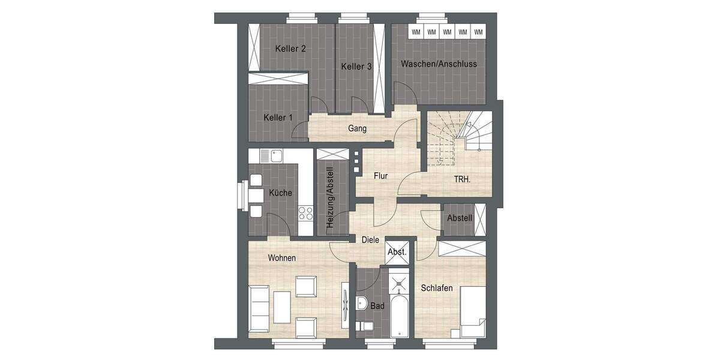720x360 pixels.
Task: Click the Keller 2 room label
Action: click(x=290, y=49)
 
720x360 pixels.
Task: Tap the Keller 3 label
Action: click(x=356, y=67)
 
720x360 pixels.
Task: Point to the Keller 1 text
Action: click(x=278, y=118)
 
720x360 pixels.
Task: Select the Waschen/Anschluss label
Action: click(x=439, y=64)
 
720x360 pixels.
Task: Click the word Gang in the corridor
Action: click(x=357, y=128)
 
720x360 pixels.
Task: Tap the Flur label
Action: click(x=380, y=176)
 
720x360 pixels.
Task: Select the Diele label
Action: click(x=370, y=239)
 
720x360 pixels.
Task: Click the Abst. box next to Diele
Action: click(x=397, y=252)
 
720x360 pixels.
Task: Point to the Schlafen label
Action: click(x=436, y=287)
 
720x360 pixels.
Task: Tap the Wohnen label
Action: click(x=282, y=257)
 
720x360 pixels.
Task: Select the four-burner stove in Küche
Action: click(x=305, y=212)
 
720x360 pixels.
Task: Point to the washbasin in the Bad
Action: click(x=362, y=302)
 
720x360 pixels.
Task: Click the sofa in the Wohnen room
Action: click(x=260, y=307)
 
